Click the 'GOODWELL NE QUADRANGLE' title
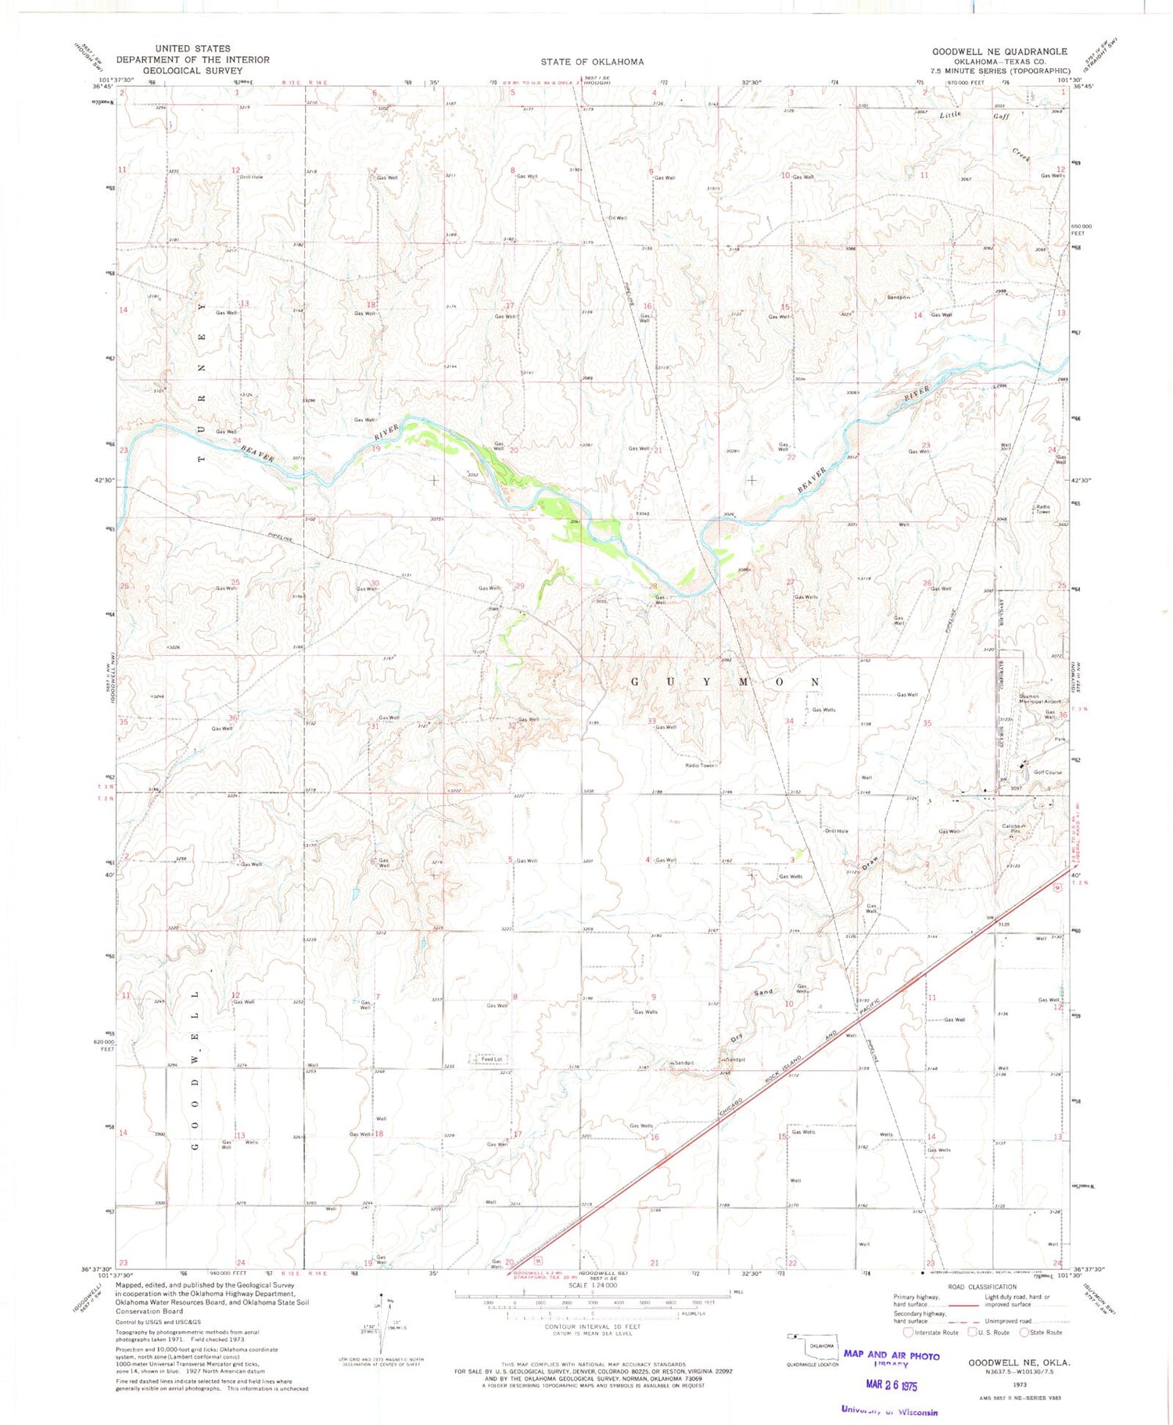(999, 52)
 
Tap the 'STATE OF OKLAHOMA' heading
(592, 62)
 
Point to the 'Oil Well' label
(617, 218)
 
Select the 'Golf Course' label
(1048, 772)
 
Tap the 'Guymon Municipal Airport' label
(1038, 699)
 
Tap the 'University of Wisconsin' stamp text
(889, 1410)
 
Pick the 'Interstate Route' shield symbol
(908, 1332)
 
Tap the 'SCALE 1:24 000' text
(593, 1285)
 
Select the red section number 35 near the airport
(927, 723)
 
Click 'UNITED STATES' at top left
(192, 48)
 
